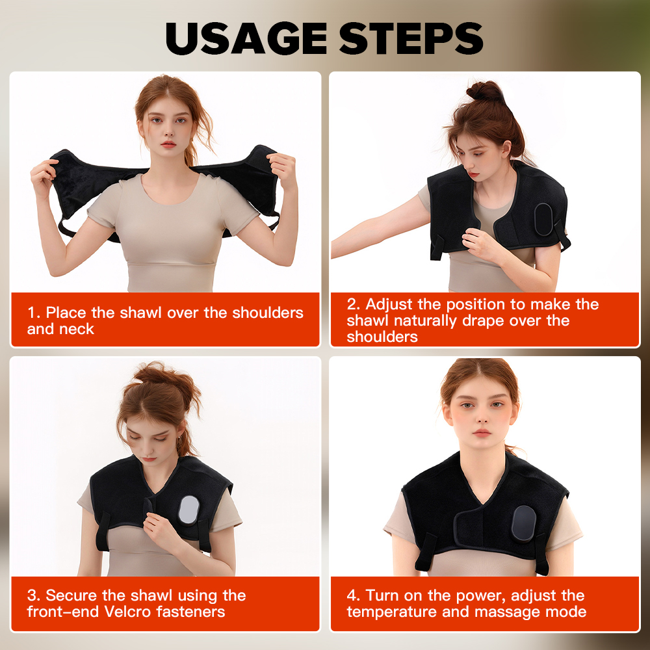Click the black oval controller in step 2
coord(544,219)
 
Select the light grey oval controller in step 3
coord(188,510)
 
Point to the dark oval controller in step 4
coord(523,523)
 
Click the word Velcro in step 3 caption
coord(128,612)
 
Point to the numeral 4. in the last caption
coord(354,595)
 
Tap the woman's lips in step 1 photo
coord(169,144)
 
